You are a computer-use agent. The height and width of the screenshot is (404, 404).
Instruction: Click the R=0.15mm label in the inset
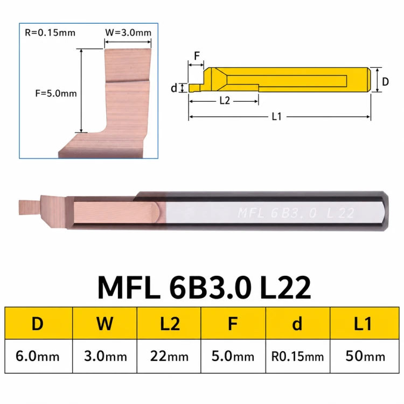(50, 33)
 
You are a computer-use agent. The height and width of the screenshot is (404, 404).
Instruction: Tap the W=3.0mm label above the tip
(128, 33)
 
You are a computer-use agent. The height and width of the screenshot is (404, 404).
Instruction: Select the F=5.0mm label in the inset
(56, 93)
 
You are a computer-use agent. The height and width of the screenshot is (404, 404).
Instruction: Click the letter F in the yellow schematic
(197, 55)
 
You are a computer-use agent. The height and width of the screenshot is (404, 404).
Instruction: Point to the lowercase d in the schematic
(174, 88)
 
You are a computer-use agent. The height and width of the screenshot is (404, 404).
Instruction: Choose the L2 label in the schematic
(225, 101)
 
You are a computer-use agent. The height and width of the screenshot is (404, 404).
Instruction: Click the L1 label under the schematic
(277, 117)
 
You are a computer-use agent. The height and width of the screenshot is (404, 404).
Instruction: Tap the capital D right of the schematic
(385, 82)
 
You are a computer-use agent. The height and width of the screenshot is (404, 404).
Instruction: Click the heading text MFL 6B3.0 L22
(204, 287)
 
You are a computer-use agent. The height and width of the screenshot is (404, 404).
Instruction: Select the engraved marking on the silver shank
(296, 213)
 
